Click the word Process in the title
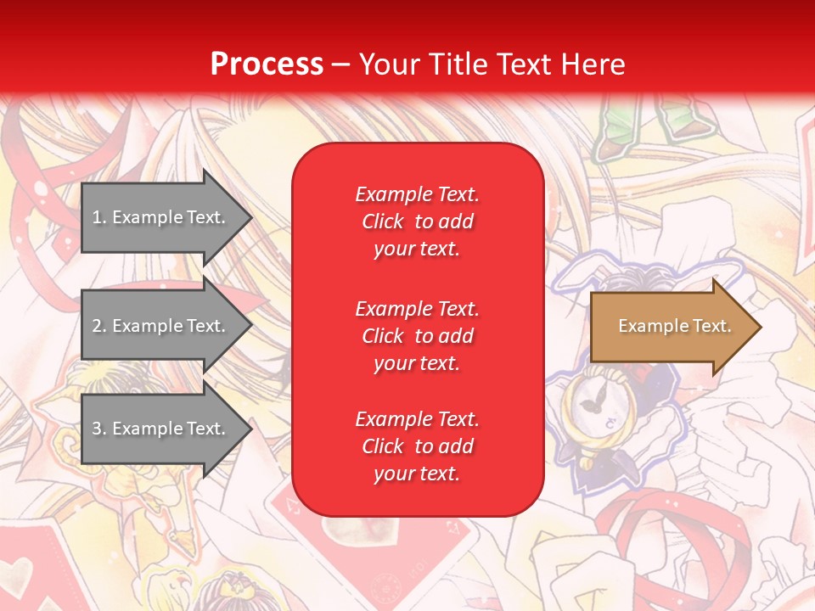[x=267, y=64]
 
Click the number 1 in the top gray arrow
[x=97, y=217]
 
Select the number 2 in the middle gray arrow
[x=98, y=326]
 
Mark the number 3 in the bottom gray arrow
[x=98, y=429]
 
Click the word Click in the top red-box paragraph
[x=383, y=222]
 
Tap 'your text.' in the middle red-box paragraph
[x=417, y=363]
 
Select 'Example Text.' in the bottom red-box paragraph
[x=417, y=419]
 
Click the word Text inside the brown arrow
[x=711, y=326]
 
